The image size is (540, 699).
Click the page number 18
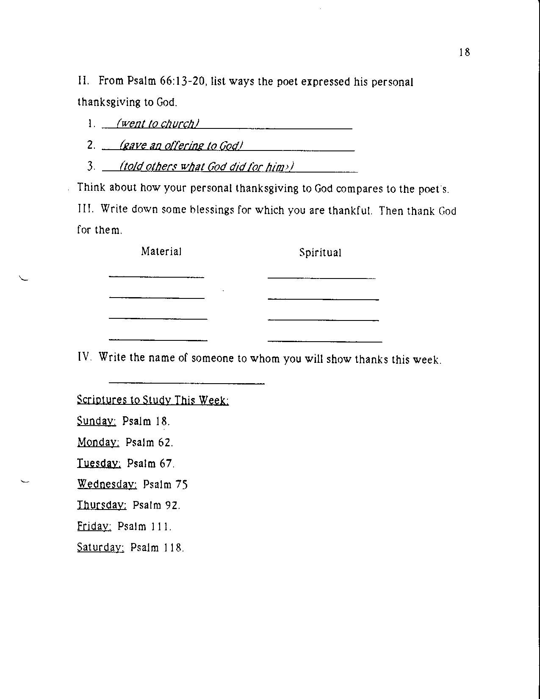pyautogui.click(x=464, y=53)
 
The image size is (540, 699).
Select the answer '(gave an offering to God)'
pyautogui.click(x=181, y=146)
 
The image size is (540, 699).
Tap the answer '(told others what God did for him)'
pyautogui.click(x=207, y=167)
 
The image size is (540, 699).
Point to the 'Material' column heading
pyautogui.click(x=161, y=251)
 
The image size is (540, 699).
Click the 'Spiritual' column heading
pyautogui.click(x=320, y=253)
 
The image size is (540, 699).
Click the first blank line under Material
pyautogui.click(x=156, y=277)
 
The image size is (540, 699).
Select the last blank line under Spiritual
pyautogui.click(x=325, y=341)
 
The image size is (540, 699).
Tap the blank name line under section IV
pyautogui.click(x=186, y=383)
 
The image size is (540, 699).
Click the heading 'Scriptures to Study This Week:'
pyautogui.click(x=153, y=400)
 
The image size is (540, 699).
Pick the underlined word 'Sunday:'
pyautogui.click(x=97, y=421)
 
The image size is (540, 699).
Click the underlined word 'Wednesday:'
pyautogui.click(x=107, y=484)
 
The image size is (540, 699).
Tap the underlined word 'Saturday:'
pyautogui.click(x=100, y=547)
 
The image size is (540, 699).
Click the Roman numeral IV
pyautogui.click(x=84, y=356)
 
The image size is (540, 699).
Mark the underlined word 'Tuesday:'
pyautogui.click(x=99, y=463)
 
